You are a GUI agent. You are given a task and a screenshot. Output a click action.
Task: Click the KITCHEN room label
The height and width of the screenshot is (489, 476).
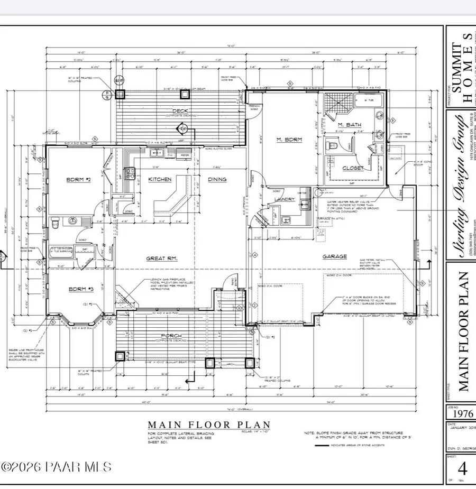(159, 180)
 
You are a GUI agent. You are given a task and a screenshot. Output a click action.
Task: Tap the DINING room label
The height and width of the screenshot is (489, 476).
(217, 180)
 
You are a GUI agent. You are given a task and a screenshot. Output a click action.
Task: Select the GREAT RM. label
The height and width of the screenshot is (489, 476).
(162, 259)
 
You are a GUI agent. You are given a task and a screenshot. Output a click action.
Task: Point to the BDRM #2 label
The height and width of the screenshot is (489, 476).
(78, 180)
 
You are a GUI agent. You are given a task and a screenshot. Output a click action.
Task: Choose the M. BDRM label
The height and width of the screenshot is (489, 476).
(289, 140)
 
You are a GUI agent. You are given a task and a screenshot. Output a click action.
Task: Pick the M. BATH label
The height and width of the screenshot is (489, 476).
(350, 125)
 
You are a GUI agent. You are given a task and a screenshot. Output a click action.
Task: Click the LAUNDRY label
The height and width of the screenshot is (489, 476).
(283, 199)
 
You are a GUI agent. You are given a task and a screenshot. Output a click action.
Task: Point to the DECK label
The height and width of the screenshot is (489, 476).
(180, 111)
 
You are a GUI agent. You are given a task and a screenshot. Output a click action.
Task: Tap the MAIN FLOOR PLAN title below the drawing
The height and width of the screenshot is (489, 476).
(208, 425)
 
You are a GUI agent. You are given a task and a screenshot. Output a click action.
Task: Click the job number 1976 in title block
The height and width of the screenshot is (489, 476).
(460, 414)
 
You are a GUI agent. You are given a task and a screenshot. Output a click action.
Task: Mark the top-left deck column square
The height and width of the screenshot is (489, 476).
(120, 95)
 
